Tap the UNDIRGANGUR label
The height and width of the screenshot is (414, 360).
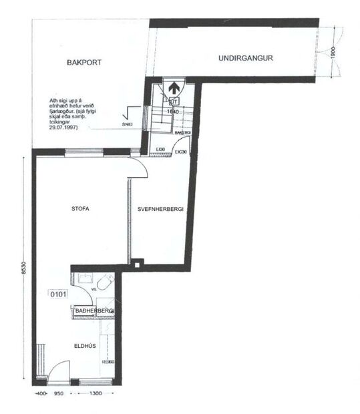pyautogui.click(x=246, y=58)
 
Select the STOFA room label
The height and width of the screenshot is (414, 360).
pyautogui.click(x=80, y=209)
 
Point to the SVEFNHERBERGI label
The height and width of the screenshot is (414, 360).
pyautogui.click(x=160, y=209)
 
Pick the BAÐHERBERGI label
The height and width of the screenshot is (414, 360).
pyautogui.click(x=95, y=311)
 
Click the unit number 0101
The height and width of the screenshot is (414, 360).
pyautogui.click(x=58, y=293)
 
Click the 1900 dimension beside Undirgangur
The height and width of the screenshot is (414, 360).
pyautogui.click(x=332, y=51)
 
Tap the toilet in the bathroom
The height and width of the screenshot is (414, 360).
pyautogui.click(x=102, y=286)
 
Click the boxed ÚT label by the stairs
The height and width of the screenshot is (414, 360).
pyautogui.click(x=174, y=101)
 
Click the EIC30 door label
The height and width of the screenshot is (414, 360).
pyautogui.click(x=181, y=153)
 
